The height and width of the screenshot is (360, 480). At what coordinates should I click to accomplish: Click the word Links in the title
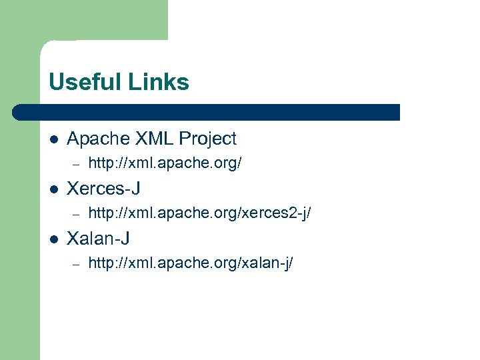[x=162, y=82]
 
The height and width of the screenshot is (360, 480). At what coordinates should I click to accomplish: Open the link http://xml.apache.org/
[x=165, y=163]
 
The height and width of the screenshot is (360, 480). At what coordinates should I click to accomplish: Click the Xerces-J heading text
[x=103, y=189]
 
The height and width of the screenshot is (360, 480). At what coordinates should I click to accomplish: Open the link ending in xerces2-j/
[x=199, y=213]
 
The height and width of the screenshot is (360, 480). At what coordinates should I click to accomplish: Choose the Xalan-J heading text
[x=99, y=238]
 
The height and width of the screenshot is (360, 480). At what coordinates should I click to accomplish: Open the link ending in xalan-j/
[x=191, y=263]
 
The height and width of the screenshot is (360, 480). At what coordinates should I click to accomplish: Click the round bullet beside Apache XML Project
[x=53, y=139]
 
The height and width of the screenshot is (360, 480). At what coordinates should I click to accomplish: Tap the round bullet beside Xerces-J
[x=53, y=189]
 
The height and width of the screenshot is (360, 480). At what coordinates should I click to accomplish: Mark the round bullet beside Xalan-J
[x=53, y=239]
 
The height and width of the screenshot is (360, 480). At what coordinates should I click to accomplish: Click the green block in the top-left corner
[x=83, y=20]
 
